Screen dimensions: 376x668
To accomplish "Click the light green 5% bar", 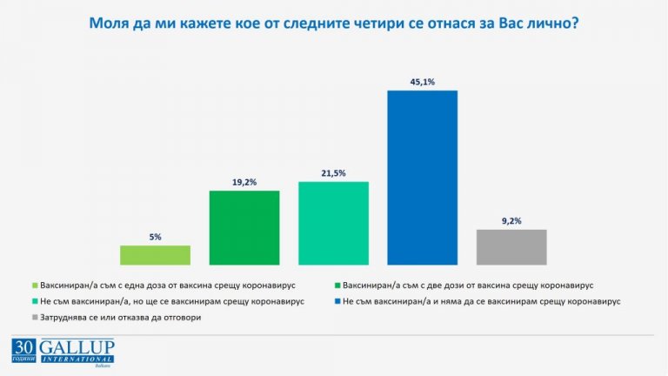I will click(155, 253).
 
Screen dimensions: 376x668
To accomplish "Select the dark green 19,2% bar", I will click(244, 226).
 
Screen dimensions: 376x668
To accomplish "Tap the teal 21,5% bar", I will click(333, 222).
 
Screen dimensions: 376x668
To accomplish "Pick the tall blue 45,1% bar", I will click(422, 177).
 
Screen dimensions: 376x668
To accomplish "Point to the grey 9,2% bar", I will click(511, 245).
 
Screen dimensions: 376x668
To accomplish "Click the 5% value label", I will click(155, 236).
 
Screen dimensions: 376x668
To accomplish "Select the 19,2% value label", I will click(244, 181).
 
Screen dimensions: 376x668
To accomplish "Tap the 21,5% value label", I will click(333, 172).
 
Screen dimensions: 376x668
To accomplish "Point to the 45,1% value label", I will click(422, 81).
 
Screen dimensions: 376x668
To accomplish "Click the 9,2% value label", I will click(511, 220).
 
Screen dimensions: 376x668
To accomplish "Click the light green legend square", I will click(34, 285).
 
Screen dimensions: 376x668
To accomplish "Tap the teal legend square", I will click(34, 300).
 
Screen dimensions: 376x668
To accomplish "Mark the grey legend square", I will click(34, 317).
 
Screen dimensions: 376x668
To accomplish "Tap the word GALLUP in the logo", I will click(81, 347).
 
